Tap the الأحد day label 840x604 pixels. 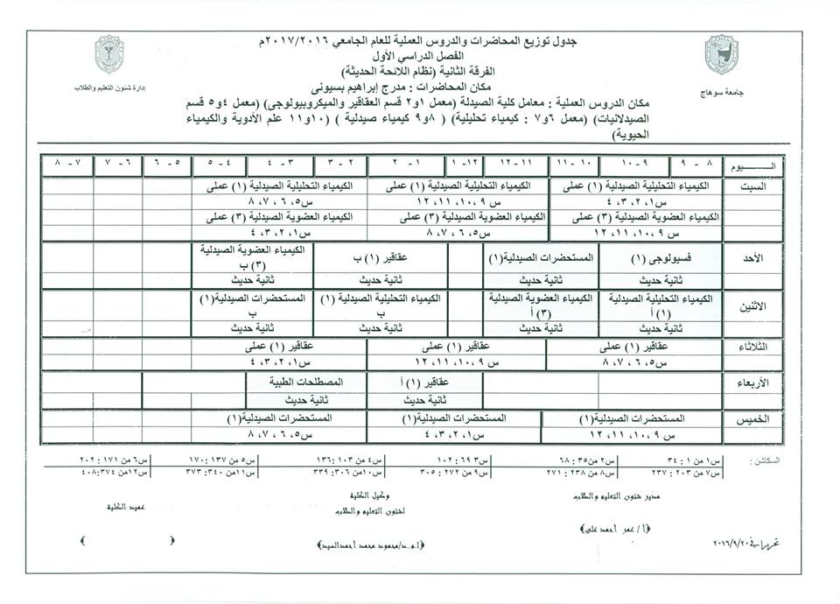(752, 258)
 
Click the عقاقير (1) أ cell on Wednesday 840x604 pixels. (423, 383)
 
